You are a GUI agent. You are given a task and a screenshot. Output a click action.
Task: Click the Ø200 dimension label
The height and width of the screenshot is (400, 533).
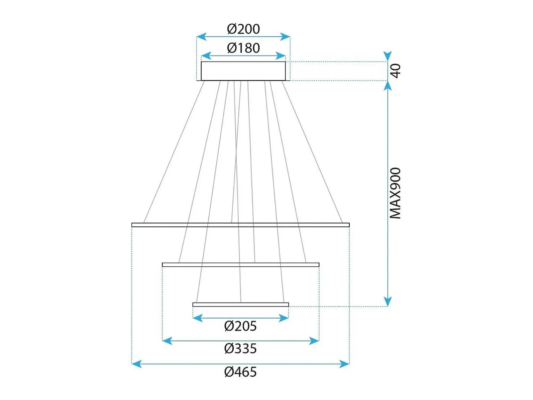point(243,29)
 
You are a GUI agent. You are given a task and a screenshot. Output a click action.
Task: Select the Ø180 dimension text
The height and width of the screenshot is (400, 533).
point(243,48)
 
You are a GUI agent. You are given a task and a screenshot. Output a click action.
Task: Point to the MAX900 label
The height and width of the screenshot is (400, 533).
point(395,193)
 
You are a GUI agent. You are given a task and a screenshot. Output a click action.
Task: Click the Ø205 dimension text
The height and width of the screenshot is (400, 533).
point(240,326)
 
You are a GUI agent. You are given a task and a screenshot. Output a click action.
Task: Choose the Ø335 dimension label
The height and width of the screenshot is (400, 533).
point(240,349)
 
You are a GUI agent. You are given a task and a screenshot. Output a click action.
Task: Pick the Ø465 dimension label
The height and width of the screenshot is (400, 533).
point(240,372)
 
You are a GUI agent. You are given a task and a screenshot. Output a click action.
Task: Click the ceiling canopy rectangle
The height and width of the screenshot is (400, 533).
point(243,71)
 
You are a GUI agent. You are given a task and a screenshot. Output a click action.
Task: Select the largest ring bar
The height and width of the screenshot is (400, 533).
point(240,225)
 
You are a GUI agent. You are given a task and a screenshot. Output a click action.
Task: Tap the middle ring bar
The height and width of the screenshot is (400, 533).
point(240,265)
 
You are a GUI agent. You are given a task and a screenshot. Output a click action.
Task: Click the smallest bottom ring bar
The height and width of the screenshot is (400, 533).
point(240,304)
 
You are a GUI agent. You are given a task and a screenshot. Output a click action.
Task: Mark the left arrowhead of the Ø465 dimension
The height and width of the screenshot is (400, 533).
point(137,364)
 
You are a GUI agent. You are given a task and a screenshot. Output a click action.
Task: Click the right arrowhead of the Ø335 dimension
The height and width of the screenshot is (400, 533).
point(314,341)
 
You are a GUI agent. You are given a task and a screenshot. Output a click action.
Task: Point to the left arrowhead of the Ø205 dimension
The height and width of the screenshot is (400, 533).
point(197,318)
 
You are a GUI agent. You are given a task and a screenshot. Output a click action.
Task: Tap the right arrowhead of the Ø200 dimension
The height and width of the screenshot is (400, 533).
point(285,37)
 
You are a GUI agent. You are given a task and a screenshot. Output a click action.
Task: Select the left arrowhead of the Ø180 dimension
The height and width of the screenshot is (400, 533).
point(206,56)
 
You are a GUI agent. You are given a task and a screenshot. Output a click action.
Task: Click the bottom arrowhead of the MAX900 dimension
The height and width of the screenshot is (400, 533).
point(387,301)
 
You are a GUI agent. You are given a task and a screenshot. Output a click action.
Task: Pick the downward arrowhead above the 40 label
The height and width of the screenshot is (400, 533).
point(387,56)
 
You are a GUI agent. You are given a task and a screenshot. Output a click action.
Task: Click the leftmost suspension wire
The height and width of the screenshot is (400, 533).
point(174,152)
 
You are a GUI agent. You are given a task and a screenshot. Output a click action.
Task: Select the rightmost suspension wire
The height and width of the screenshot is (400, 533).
point(312,152)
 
